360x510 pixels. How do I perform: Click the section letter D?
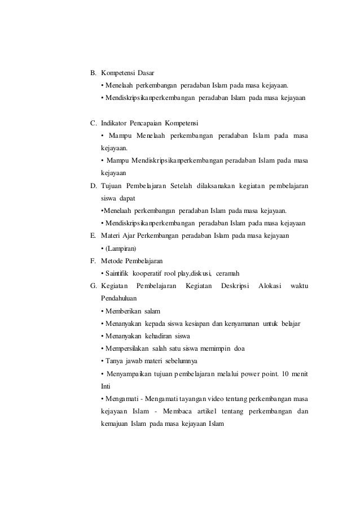click(93, 185)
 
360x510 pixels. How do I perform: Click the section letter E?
click(93, 235)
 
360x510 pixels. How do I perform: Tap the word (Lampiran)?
click(120, 247)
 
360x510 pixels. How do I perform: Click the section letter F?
click(93, 260)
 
